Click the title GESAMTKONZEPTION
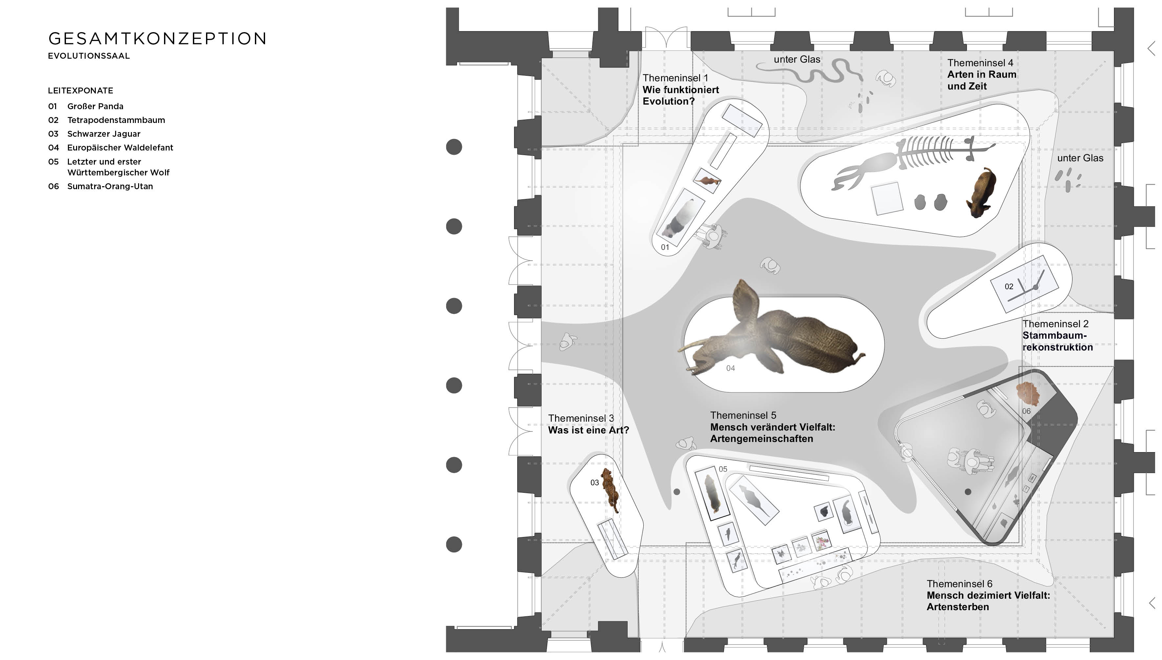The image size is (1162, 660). coord(157,39)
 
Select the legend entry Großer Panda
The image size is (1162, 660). coord(95,107)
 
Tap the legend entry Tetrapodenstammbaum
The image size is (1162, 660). coord(116,120)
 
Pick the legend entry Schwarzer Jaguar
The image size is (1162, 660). coord(104,134)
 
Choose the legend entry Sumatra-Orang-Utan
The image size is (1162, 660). coord(110,186)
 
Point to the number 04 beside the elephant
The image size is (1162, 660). coord(730,369)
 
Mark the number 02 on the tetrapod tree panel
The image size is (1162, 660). coord(1009,287)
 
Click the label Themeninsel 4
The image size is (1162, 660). coord(980,63)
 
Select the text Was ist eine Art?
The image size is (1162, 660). coord(588,430)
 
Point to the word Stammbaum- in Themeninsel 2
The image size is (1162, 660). coord(1054,336)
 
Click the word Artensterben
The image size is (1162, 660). coord(957,607)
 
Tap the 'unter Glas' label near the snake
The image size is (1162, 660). coord(797,59)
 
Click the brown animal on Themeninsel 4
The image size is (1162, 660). coord(981,192)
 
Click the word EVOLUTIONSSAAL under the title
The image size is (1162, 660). coord(89,56)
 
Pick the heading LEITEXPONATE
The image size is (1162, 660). coord(81,91)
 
